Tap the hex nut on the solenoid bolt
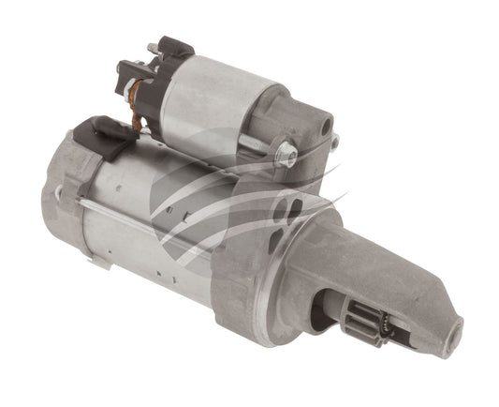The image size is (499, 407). (x=286, y=150)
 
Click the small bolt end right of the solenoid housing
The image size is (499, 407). (x=334, y=142)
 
